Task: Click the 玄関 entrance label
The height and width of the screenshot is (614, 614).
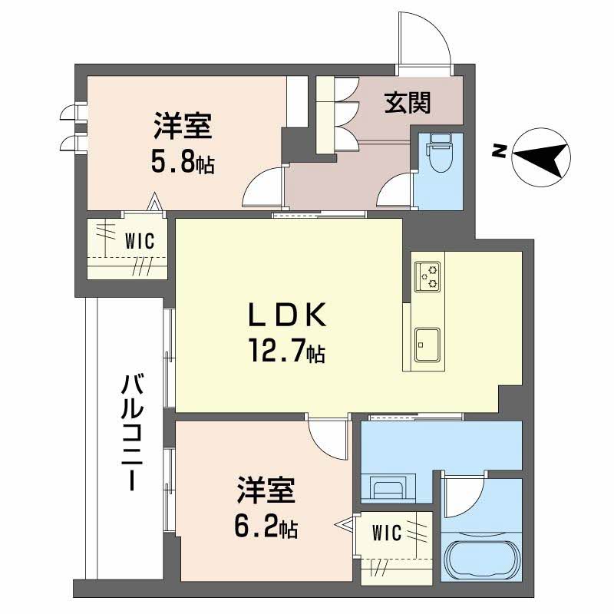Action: coord(406,101)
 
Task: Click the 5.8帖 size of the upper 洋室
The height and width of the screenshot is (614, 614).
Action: coord(183,163)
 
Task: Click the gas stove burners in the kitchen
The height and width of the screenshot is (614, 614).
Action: coord(427,276)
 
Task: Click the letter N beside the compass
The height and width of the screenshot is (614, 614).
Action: coord(499,151)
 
